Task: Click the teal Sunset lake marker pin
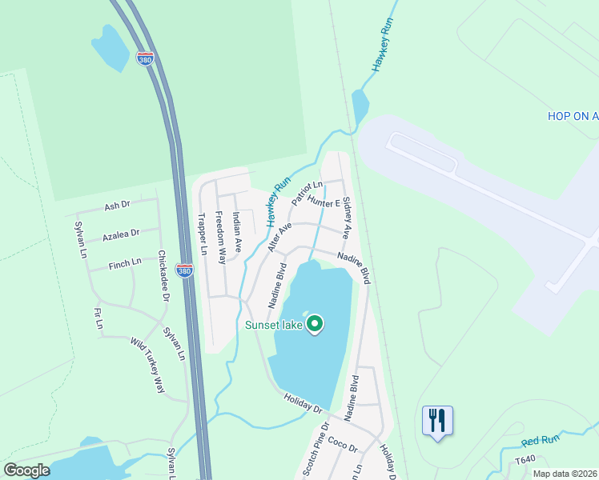[315, 324]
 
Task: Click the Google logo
[26, 470]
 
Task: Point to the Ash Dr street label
[117, 206]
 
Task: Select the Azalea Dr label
[121, 234]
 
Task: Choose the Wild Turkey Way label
[147, 366]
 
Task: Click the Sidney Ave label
[347, 218]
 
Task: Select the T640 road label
[525, 459]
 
